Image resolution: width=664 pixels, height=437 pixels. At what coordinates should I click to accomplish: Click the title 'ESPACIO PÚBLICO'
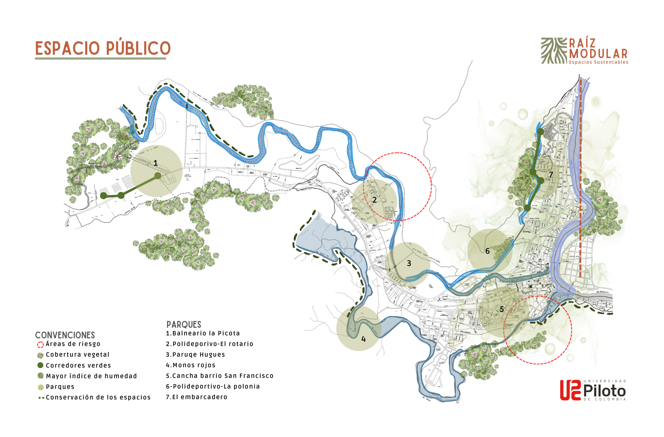point(103,48)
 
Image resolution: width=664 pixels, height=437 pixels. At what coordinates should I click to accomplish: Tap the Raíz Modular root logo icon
point(554,50)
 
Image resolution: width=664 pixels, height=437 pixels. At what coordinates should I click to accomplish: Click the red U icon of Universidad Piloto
point(570,390)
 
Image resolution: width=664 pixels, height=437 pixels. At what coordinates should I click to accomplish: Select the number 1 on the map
point(155,163)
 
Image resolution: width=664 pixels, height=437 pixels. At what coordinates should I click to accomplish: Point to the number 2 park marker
point(374,200)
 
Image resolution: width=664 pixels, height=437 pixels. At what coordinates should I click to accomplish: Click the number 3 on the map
point(409,263)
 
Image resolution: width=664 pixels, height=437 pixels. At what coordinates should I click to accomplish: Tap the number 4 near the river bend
point(364,339)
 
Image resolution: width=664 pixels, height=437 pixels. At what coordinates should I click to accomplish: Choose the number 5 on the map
point(502,309)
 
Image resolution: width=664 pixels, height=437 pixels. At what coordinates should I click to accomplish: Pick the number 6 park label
point(487,251)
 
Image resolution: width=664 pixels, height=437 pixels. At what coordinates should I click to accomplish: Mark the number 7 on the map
point(551,175)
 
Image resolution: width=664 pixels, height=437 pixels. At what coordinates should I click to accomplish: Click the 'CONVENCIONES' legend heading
point(65,335)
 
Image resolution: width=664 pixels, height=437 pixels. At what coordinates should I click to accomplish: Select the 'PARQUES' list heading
point(184,324)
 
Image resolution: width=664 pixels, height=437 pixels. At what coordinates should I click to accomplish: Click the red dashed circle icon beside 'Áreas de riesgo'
point(41,345)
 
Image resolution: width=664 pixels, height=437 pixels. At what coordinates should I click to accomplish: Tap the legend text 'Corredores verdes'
point(78,366)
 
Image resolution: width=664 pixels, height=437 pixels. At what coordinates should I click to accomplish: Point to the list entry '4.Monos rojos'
point(191,365)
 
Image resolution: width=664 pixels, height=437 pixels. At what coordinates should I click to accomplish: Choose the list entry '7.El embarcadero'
point(197,397)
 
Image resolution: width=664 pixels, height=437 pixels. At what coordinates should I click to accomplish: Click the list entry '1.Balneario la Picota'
point(203,333)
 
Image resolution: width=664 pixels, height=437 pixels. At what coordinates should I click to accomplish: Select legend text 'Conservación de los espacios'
point(98,397)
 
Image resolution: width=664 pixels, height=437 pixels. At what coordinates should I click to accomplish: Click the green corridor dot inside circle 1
point(158,176)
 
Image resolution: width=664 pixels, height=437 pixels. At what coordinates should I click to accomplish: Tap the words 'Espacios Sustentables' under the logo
point(599,62)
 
